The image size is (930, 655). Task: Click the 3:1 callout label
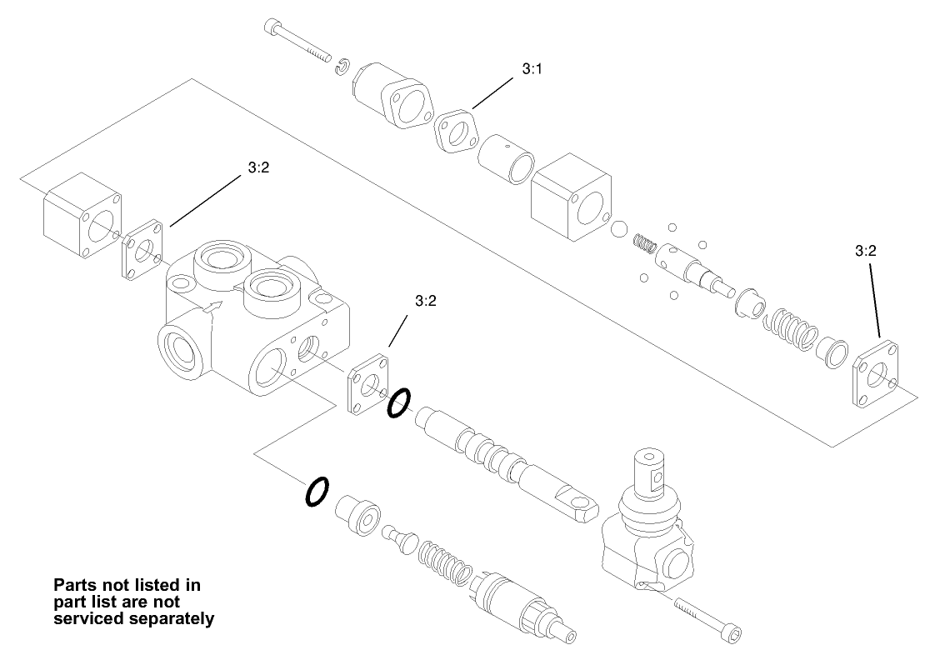point(532,71)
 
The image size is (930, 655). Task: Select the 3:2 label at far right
point(866,249)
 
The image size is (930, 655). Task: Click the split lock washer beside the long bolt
point(342,66)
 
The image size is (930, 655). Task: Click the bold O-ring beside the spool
point(398,402)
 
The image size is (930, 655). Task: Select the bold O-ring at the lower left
point(316,491)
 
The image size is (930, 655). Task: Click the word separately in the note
point(176,618)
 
